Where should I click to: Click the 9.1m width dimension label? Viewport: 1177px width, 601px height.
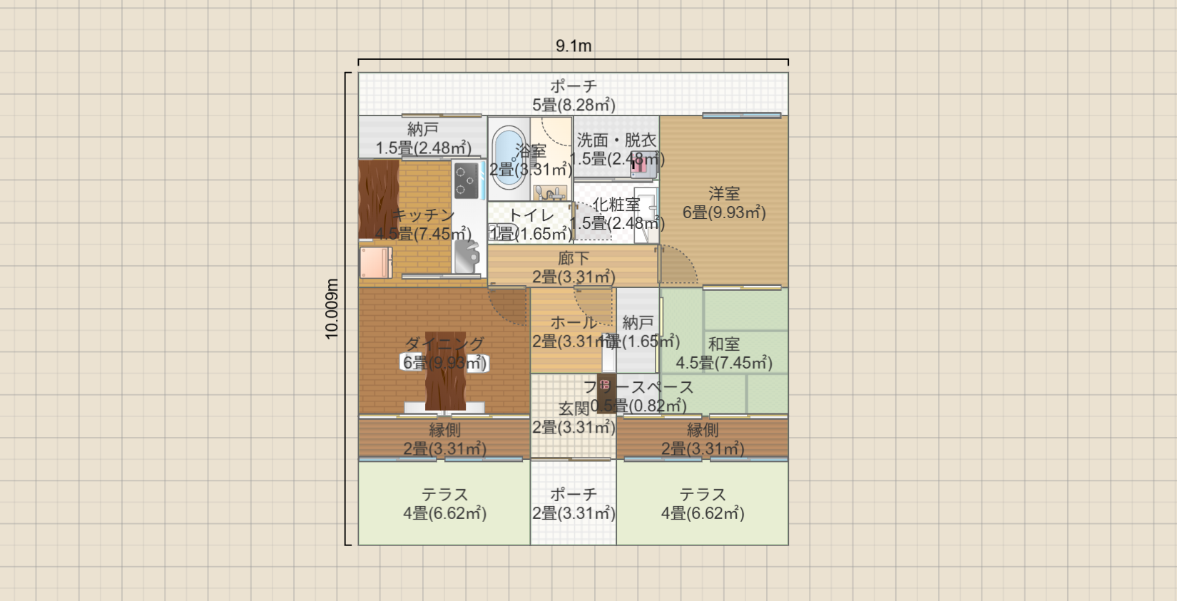[574, 46]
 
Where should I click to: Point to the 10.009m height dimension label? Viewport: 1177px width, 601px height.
[332, 309]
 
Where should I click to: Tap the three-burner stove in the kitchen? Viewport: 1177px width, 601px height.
[467, 180]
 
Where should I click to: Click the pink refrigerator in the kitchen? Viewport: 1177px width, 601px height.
[375, 262]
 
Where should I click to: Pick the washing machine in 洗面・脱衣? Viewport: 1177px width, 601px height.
[641, 167]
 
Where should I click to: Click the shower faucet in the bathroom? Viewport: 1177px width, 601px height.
[549, 192]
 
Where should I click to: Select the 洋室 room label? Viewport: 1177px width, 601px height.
[724, 193]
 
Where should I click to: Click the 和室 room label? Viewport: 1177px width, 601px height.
[724, 344]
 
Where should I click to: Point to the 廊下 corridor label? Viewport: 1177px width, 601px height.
[574, 258]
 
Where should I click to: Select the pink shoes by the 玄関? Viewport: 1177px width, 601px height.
[606, 385]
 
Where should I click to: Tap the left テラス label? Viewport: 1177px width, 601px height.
[444, 494]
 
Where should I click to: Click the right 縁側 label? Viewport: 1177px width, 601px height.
[703, 430]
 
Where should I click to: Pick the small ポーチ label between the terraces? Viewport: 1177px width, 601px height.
[574, 494]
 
